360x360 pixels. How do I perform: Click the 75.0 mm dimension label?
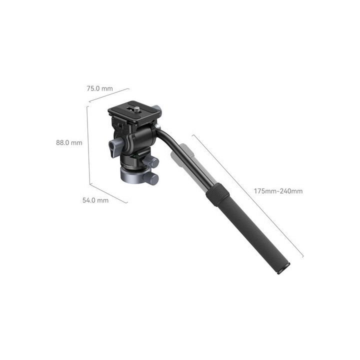[x=99, y=88]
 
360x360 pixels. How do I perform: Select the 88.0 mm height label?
[x=69, y=142]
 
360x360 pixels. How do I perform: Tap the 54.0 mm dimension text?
[x=95, y=200]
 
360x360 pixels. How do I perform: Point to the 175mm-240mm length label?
[x=278, y=190]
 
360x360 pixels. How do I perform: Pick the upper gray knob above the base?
[x=153, y=162]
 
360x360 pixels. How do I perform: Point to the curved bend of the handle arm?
[x=167, y=136]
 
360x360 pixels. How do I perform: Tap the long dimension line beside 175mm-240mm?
[x=247, y=195]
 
